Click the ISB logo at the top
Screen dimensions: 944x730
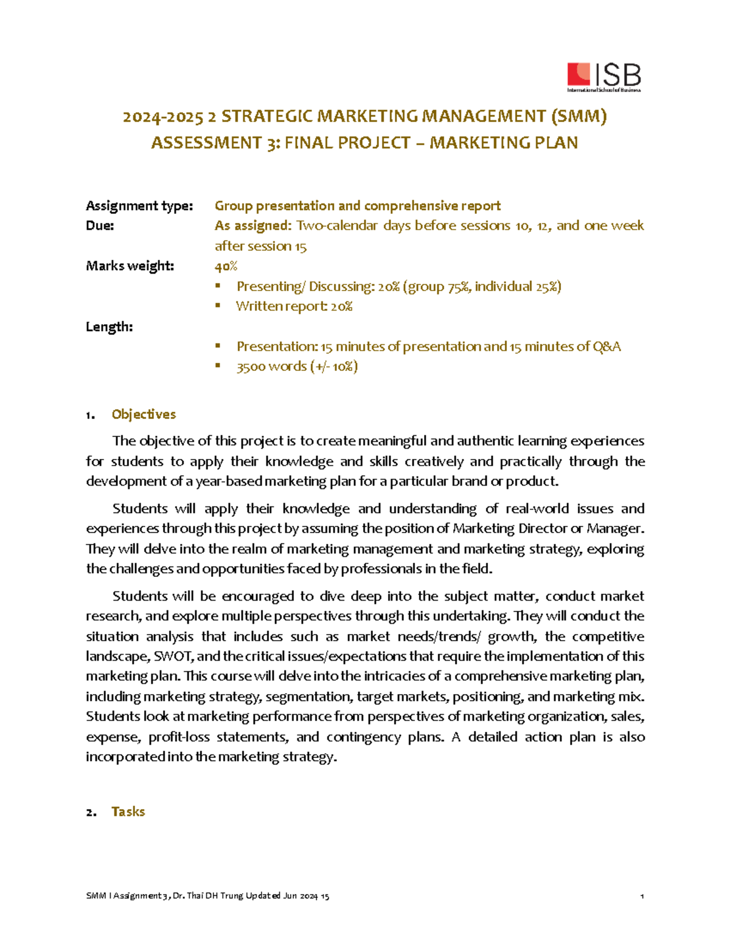point(603,77)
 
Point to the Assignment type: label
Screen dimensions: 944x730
point(139,206)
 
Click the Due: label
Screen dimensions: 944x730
point(100,226)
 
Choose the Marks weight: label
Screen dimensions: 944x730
point(130,266)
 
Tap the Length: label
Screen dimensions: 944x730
point(109,326)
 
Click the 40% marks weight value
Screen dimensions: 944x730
point(226,266)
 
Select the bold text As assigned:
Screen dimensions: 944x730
point(253,226)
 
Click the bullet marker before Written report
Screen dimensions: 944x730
point(218,306)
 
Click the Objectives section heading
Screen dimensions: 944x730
point(144,415)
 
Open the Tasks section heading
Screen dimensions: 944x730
point(128,811)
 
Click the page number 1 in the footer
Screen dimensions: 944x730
point(642,896)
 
